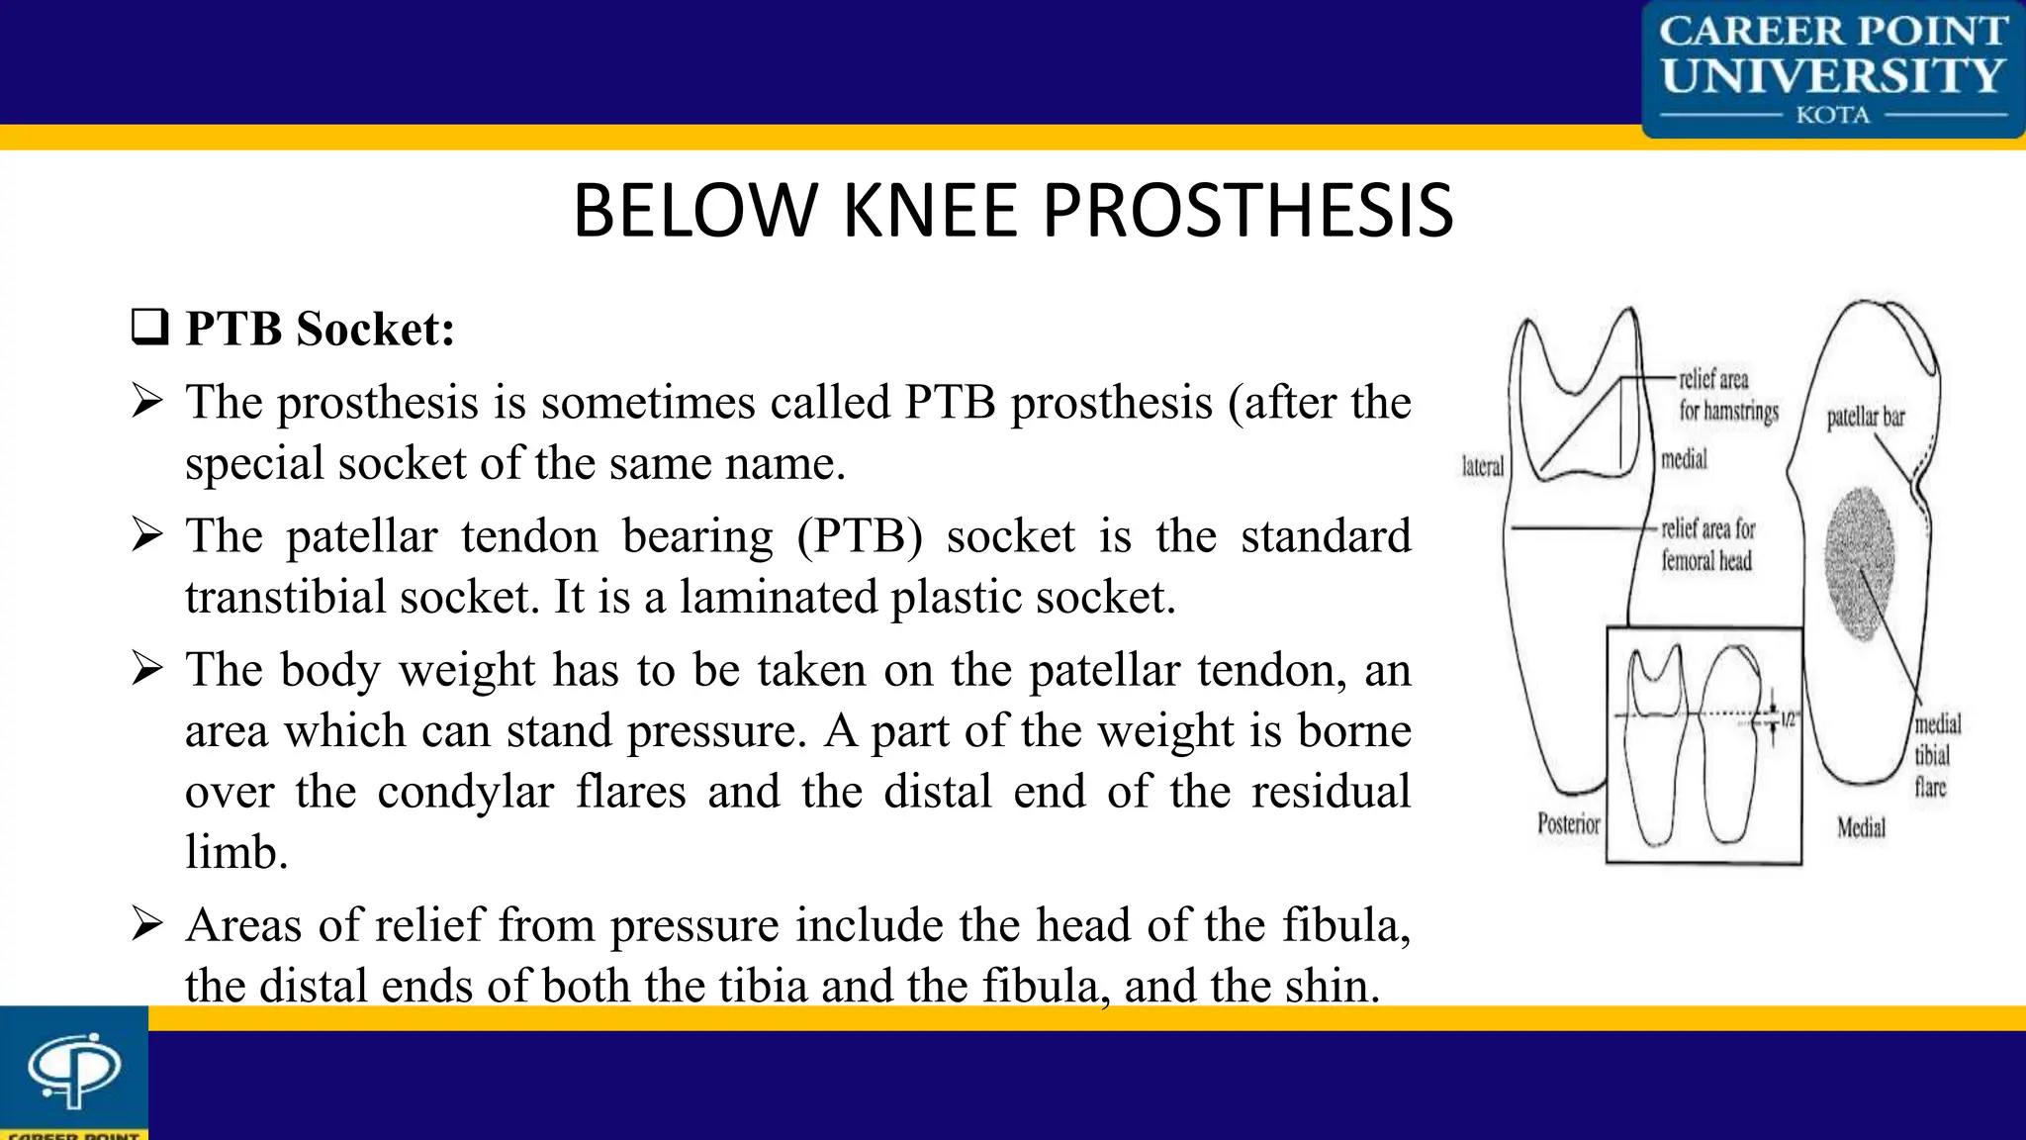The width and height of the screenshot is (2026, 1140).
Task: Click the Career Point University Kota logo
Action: pyautogui.click(x=1832, y=69)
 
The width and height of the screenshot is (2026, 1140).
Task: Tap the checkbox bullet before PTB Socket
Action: pyautogui.click(x=149, y=327)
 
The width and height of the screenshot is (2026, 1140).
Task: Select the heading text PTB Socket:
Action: pyautogui.click(x=320, y=329)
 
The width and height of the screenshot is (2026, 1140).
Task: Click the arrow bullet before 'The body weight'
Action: pyautogui.click(x=147, y=669)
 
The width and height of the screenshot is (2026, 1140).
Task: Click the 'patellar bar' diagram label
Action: pyautogui.click(x=1865, y=418)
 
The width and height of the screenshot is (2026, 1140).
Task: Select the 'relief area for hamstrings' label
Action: pyautogui.click(x=1727, y=395)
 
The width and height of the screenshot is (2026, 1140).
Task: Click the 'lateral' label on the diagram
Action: pyautogui.click(x=1482, y=467)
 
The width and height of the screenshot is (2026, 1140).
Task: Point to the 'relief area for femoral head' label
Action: pyautogui.click(x=1707, y=544)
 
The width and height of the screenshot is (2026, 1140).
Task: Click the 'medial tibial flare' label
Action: pyautogui.click(x=1936, y=755)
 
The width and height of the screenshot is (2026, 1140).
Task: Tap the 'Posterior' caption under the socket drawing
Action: pyautogui.click(x=1568, y=823)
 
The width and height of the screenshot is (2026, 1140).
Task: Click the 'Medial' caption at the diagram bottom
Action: pyautogui.click(x=1861, y=827)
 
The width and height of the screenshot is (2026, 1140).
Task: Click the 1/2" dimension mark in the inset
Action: pyautogui.click(x=1787, y=720)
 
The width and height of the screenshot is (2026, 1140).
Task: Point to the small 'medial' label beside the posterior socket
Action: pyautogui.click(x=1684, y=459)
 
